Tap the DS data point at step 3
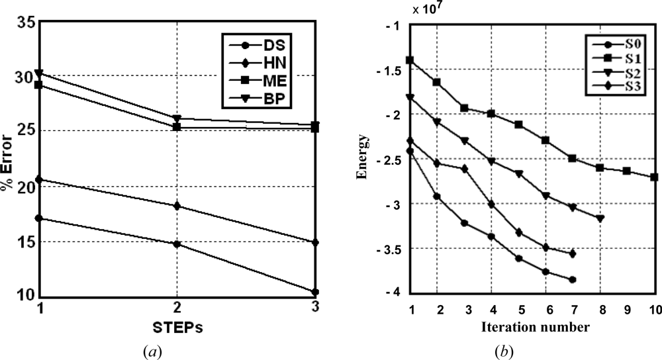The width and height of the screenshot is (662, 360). [315, 292]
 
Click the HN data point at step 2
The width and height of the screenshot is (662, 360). [177, 206]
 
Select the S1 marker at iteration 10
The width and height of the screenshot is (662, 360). [654, 177]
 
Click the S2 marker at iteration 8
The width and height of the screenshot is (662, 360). [600, 218]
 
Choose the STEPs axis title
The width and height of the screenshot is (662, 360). [176, 326]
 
